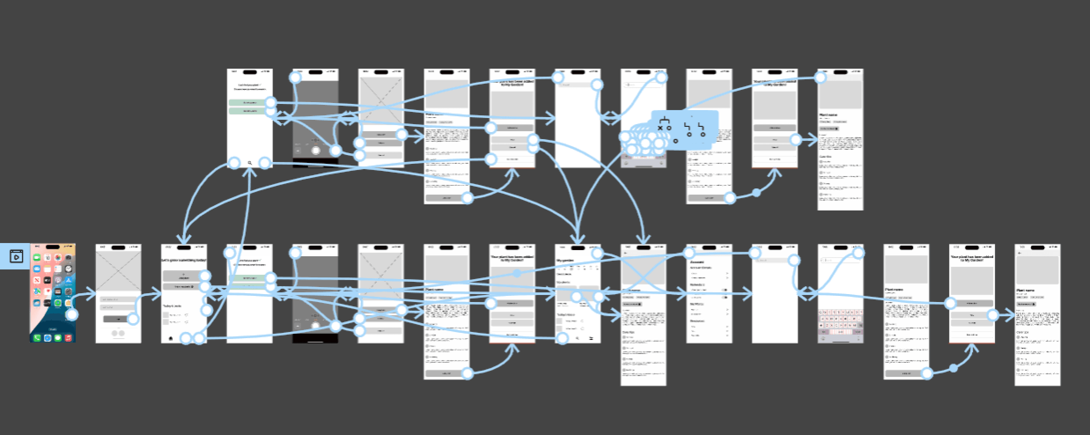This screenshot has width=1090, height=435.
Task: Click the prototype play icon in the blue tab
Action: pos(16,256)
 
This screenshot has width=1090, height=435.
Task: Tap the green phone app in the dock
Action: pos(37,338)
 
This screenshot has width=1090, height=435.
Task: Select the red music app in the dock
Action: pos(68,338)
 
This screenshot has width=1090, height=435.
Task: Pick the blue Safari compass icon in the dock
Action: pos(47,338)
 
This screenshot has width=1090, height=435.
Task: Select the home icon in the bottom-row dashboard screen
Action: pos(171,338)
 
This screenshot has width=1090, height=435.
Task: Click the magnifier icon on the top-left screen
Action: pos(250,163)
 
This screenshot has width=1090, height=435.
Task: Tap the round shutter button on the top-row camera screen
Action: pos(316,151)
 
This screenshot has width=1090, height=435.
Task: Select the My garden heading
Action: pos(565,261)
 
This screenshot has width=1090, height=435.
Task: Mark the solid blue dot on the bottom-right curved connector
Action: pos(953,368)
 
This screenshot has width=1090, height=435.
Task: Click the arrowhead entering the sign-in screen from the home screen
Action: pos(92,294)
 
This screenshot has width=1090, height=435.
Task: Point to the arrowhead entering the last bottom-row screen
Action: pos(1011,316)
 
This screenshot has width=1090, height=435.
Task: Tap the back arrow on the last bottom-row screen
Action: pos(1019,253)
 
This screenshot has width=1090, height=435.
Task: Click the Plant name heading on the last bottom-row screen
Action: pos(1025,290)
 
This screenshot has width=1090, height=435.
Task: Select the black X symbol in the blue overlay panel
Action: pos(660,128)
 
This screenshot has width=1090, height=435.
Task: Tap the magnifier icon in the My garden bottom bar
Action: pos(578,338)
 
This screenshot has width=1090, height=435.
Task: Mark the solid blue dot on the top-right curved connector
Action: pos(756,192)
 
